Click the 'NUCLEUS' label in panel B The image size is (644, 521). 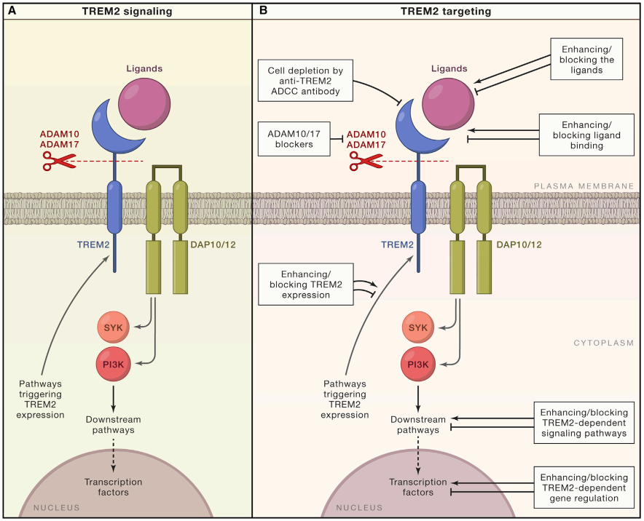point(361,508)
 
